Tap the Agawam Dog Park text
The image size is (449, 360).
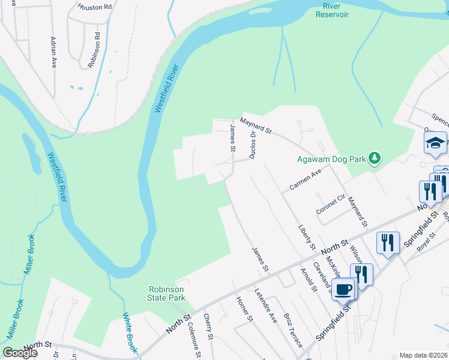point(331,159)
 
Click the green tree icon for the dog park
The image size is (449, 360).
point(375,158)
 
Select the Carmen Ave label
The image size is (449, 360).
point(306,179)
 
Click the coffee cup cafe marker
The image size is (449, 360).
point(343,289)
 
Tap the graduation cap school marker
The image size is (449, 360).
point(435,143)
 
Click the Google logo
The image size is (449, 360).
point(20,353)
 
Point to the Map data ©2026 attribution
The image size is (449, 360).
point(423,355)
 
